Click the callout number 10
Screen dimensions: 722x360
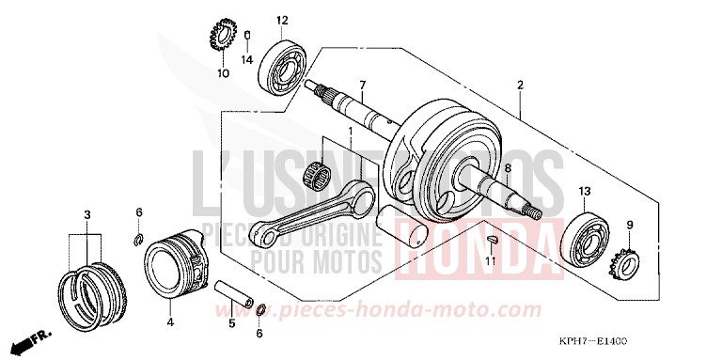(222, 72)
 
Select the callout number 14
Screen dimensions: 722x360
(247, 59)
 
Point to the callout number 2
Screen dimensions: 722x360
(519, 86)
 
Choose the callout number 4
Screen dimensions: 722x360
(170, 321)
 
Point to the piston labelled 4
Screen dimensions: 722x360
(173, 267)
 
